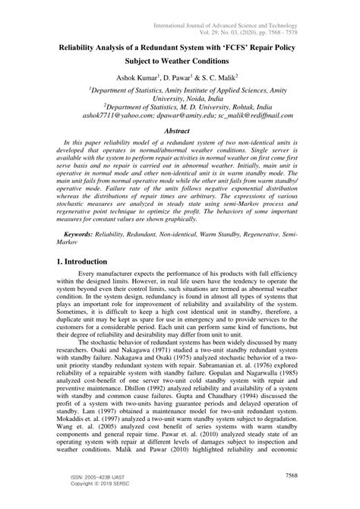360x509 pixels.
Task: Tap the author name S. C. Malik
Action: point(222,79)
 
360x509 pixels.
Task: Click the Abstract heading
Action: point(180,131)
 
